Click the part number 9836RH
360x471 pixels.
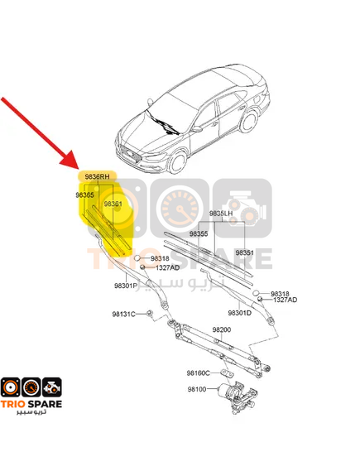tap(97, 176)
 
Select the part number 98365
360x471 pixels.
tap(84, 195)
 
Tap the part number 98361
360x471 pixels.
tap(113, 204)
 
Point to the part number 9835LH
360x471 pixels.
tap(221, 214)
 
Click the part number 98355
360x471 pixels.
tap(198, 233)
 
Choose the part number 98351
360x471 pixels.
tap(244, 252)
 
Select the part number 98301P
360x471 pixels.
tap(126, 286)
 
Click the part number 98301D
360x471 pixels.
tap(240, 313)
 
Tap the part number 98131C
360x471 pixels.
tap(123, 315)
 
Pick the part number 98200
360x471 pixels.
tap(222, 329)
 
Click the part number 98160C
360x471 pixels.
tap(198, 373)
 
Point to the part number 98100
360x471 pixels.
tap(197, 389)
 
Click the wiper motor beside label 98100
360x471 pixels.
tap(238, 396)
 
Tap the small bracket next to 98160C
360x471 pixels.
tap(228, 373)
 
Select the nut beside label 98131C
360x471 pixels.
tap(150, 314)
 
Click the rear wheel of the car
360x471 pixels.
tap(249, 121)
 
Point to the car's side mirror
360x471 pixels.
tap(197, 129)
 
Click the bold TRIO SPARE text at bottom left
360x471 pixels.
tap(31, 404)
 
